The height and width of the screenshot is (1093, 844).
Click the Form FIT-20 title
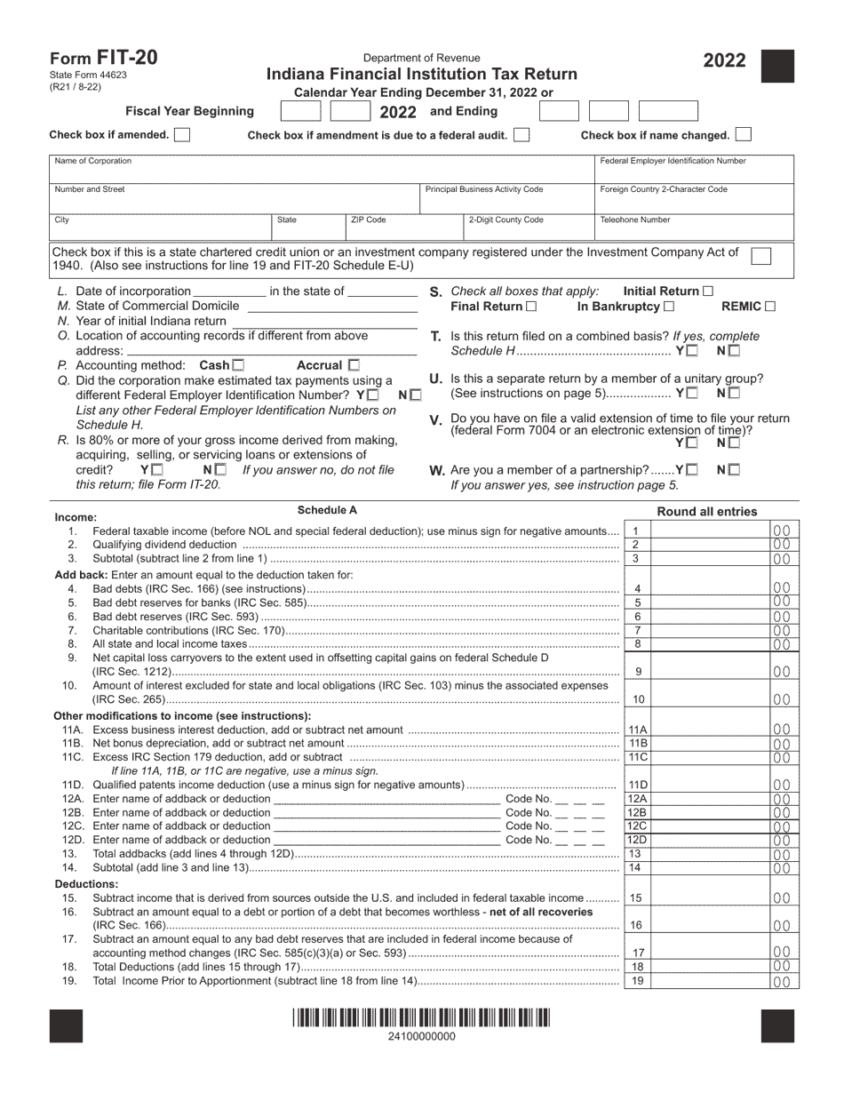(x=104, y=58)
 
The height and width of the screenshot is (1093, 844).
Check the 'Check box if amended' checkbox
(x=182, y=135)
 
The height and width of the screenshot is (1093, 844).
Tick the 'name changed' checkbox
(x=744, y=135)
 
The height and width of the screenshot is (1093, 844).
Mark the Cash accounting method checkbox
(x=238, y=365)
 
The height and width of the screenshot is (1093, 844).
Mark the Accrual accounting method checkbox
(x=354, y=365)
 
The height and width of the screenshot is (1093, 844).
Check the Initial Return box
(x=708, y=291)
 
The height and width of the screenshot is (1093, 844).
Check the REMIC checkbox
(x=770, y=307)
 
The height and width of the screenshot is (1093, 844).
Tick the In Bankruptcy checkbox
(x=669, y=307)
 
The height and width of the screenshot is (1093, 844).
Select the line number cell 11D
(x=637, y=786)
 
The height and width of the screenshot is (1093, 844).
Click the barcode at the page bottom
(x=422, y=1018)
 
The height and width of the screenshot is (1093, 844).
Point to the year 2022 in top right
(x=725, y=61)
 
